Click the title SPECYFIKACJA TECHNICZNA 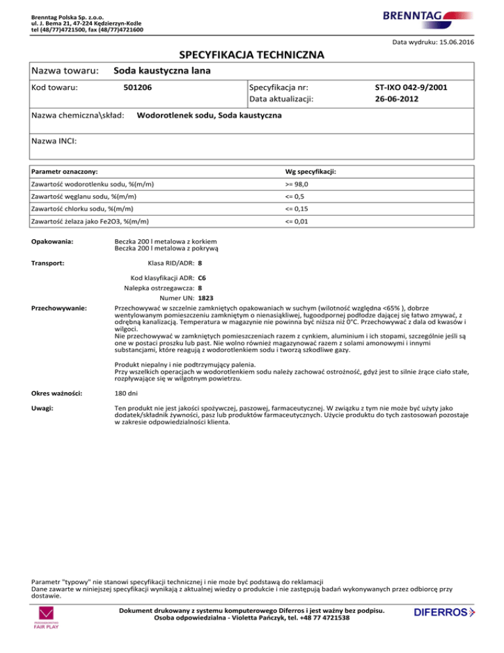[x=252, y=54]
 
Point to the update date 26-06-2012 [x=396, y=99]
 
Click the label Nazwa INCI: [x=54, y=140]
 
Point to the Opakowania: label [x=54, y=241]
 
